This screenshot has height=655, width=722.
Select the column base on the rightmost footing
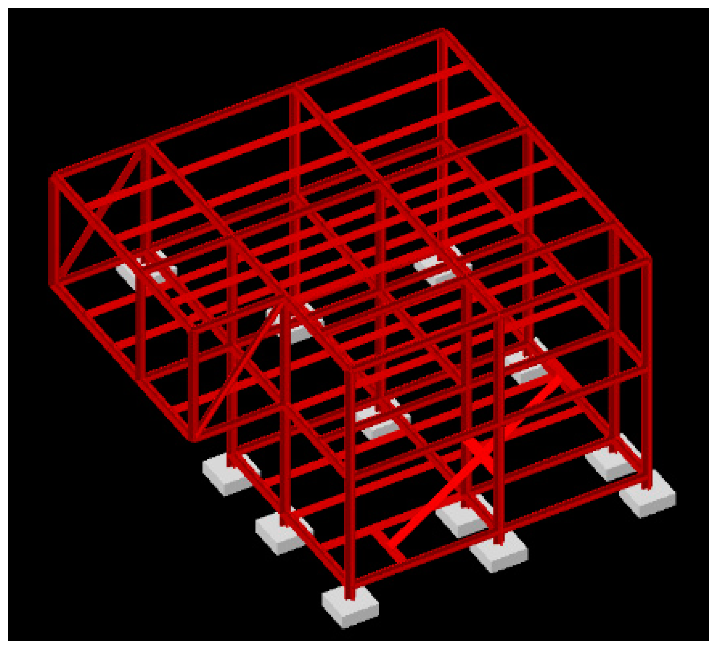(647, 487)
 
